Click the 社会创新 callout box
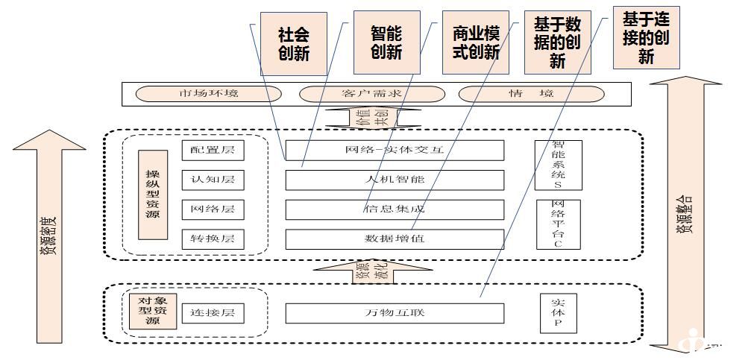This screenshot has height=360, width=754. [293, 44]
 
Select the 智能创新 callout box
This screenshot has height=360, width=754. [386, 42]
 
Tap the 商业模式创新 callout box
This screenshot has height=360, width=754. [476, 42]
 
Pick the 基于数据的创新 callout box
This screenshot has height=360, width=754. [557, 42]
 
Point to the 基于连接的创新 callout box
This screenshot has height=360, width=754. [646, 37]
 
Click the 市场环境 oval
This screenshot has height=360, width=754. [209, 94]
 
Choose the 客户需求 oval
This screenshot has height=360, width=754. [371, 94]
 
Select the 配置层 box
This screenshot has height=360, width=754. [213, 150]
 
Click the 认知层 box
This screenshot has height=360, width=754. [213, 180]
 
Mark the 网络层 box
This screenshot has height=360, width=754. [213, 209]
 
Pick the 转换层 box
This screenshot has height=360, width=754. [213, 239]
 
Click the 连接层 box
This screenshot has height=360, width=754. [213, 313]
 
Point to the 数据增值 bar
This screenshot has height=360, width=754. [395, 239]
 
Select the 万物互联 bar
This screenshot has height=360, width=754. [395, 313]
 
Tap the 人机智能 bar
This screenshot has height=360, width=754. [395, 180]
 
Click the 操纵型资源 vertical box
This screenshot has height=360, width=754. [153, 195]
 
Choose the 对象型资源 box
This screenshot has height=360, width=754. [152, 311]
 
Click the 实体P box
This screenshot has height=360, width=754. [557, 313]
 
